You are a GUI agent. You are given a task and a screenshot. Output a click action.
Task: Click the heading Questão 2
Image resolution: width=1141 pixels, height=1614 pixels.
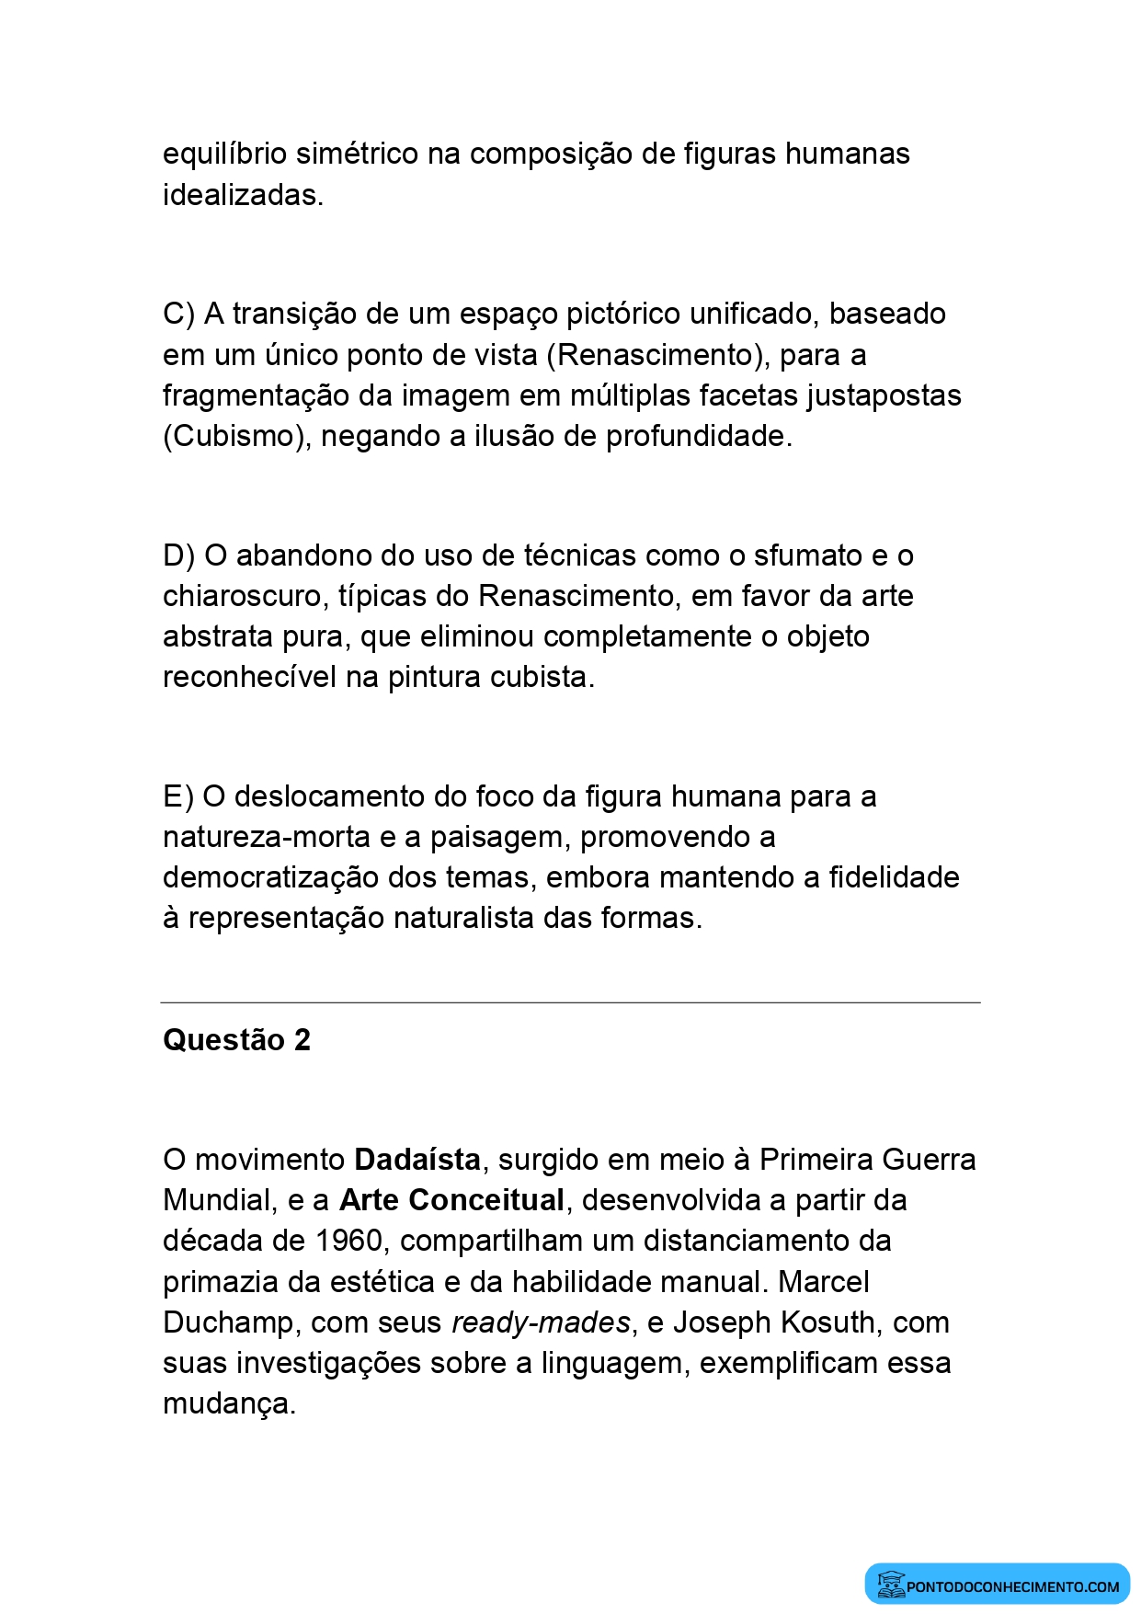[236, 1040]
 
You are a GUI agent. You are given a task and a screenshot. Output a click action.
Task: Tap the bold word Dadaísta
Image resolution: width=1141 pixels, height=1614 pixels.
[417, 1160]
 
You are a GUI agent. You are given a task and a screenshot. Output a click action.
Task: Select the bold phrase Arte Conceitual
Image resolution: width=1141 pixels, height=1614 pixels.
[451, 1200]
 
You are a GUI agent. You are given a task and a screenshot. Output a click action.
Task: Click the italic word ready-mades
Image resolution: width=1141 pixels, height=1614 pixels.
[541, 1322]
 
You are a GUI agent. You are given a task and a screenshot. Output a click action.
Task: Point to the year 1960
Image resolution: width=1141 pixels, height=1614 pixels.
[348, 1241]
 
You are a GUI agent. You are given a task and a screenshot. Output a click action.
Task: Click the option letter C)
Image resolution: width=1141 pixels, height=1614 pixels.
[178, 315]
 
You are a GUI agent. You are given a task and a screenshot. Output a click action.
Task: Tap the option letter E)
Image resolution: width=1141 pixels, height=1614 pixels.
[177, 796]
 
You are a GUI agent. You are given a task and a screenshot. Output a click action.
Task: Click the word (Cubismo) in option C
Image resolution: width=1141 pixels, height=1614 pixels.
[236, 436]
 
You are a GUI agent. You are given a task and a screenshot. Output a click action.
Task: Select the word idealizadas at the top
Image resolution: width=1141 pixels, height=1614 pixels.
[243, 195]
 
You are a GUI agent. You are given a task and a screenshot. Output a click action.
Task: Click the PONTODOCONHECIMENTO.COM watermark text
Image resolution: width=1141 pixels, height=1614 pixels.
[1012, 1586]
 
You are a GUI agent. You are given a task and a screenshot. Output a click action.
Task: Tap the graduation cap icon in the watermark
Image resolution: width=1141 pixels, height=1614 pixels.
[889, 1584]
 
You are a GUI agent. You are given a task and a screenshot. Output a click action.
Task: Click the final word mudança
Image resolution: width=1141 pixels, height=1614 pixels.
[229, 1404]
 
